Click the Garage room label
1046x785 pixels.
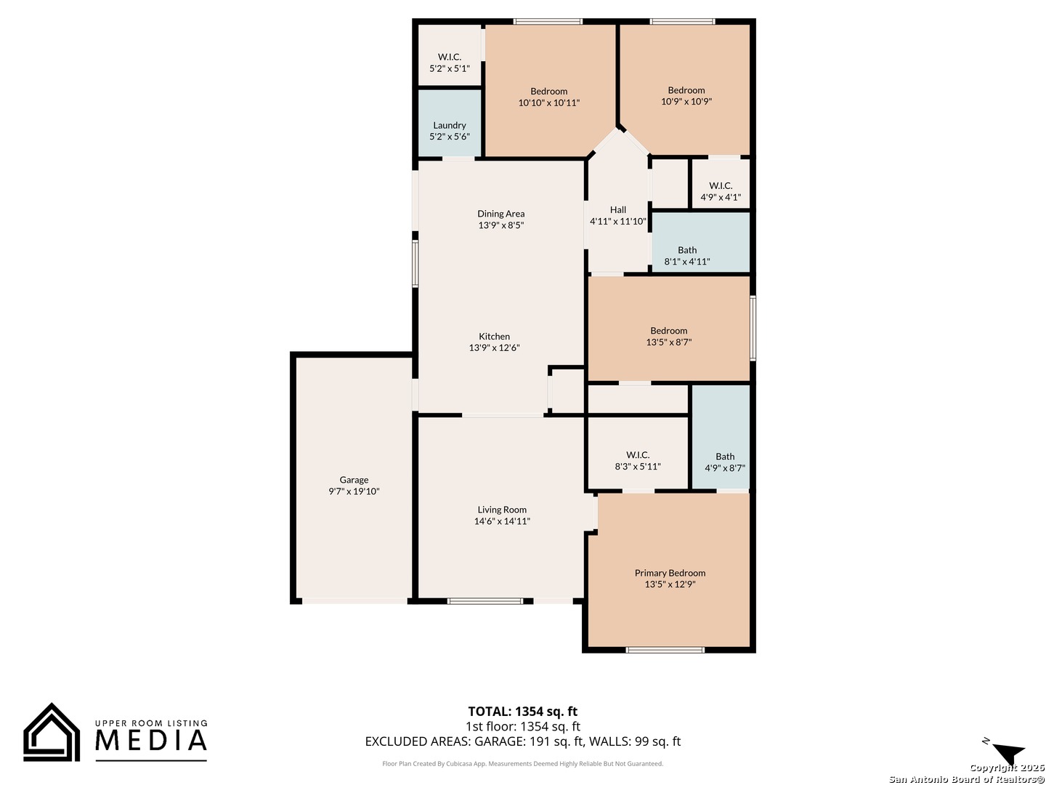tap(354, 480)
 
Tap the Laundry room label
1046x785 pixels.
tap(450, 125)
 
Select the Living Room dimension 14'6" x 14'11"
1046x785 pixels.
tap(502, 521)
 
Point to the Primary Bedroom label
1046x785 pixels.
tap(670, 573)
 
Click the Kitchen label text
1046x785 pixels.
tap(494, 337)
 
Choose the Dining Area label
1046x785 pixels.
tap(500, 214)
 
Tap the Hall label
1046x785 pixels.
tap(618, 210)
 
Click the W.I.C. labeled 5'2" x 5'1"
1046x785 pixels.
tap(450, 63)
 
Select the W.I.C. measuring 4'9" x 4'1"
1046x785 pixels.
tap(721, 191)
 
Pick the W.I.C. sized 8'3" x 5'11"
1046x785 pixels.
tap(638, 461)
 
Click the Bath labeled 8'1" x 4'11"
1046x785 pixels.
tap(687, 255)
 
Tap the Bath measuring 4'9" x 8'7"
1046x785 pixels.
tap(725, 462)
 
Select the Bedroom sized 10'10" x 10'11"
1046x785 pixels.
tap(549, 97)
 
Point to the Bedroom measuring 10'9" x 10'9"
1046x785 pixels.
tap(686, 95)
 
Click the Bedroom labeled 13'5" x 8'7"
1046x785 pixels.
tap(669, 336)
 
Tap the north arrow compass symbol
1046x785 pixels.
tap(1008, 753)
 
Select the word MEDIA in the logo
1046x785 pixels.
tap(151, 741)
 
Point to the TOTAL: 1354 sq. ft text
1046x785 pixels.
tap(522, 712)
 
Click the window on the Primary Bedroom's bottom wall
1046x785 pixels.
tap(665, 650)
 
